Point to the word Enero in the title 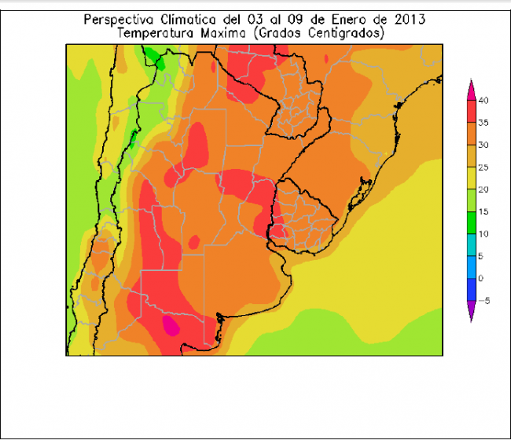point(346,20)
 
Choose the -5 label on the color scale point(484,300)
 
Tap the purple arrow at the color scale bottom point(471,312)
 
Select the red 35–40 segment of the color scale point(471,112)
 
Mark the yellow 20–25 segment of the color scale point(471,178)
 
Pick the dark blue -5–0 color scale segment point(471,289)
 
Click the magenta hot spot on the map point(170,324)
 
